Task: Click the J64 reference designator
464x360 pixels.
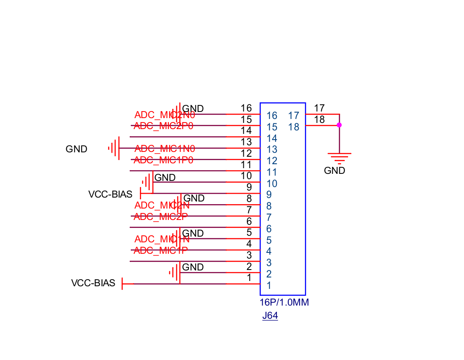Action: tap(270, 316)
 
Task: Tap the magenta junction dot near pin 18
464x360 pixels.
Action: tap(339, 125)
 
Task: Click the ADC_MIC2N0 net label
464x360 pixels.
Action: tap(164, 115)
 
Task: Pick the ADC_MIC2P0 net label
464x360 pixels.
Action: tap(163, 126)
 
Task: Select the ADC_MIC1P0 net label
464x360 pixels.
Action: tap(163, 160)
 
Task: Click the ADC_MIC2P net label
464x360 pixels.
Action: tap(161, 216)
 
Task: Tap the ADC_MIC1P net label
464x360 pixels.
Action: tap(161, 250)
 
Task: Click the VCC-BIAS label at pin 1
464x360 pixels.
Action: tap(93, 283)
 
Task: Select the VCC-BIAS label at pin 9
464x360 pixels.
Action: tap(110, 194)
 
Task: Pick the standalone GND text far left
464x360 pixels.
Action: tap(76, 149)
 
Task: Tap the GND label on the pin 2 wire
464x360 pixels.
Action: tap(193, 267)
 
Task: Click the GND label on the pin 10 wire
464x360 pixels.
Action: tap(165, 177)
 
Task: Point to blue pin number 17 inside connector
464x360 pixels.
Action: tap(294, 115)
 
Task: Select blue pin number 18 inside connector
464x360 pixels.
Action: tap(294, 127)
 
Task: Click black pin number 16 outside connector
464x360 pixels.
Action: tap(246, 108)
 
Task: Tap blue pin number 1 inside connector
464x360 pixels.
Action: tap(268, 285)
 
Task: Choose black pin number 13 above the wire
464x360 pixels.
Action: tap(246, 142)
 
